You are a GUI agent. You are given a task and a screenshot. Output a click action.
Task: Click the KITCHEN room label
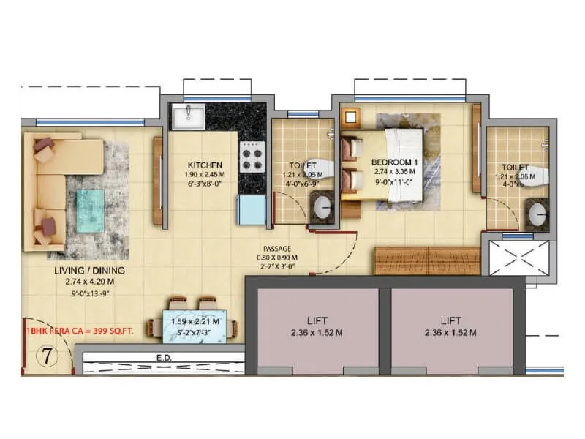(204, 165)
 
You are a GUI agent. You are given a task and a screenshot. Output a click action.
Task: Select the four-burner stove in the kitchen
(252, 157)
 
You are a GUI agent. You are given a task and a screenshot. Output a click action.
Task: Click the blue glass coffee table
(92, 204)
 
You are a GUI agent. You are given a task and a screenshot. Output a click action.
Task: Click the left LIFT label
(317, 320)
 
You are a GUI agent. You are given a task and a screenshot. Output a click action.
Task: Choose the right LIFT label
(450, 320)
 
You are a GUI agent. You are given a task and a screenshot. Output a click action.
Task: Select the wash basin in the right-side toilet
(537, 215)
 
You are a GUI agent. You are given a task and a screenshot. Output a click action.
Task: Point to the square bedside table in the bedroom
(352, 116)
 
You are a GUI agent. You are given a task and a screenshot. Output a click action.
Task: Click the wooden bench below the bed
(427, 260)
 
